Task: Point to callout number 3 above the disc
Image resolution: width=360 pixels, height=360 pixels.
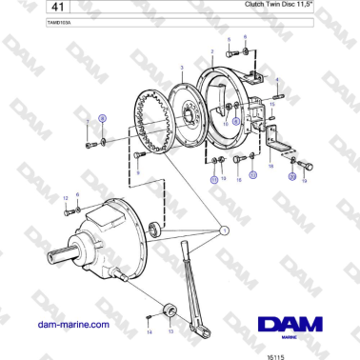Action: coord(181,58)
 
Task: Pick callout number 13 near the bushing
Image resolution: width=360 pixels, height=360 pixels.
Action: coord(170,332)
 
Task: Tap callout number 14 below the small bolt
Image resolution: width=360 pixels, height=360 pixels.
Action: coord(150,332)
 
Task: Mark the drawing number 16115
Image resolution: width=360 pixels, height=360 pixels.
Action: coord(274,352)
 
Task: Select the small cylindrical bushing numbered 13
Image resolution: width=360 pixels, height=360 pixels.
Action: coord(172,310)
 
